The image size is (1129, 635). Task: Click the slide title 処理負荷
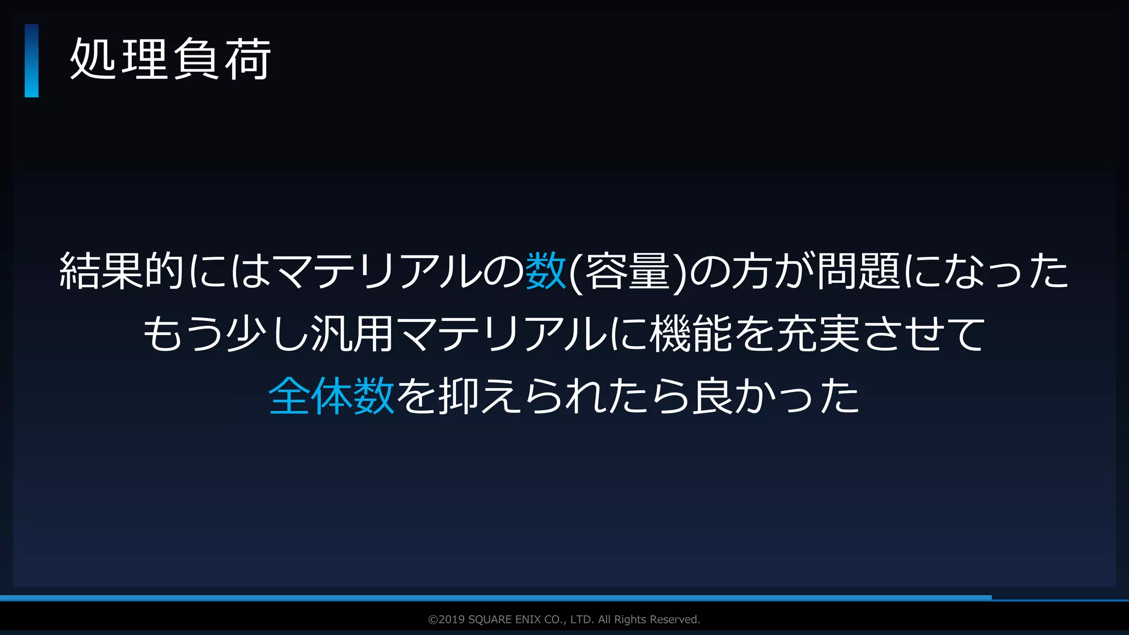coord(170,60)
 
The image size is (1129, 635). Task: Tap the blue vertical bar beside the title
coord(31,61)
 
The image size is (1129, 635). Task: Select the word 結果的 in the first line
coord(121,271)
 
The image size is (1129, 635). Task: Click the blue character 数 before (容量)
coord(546,271)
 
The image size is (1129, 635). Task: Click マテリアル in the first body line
coord(377,271)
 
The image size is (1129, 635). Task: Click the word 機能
coord(692,333)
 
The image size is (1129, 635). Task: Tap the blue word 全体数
coord(331,396)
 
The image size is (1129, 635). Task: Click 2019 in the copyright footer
coord(451,620)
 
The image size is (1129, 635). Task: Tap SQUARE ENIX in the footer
coord(504,620)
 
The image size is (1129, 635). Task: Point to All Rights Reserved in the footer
coord(649,620)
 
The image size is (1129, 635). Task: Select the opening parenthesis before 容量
coord(575,272)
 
